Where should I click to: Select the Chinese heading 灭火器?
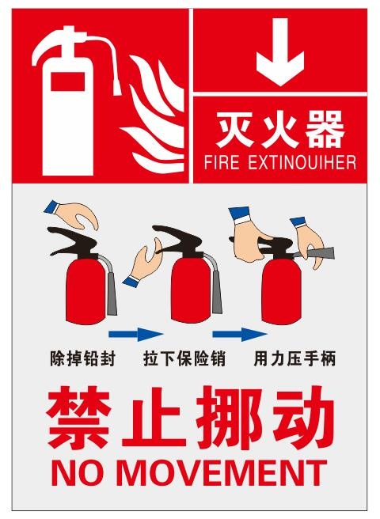[x=280, y=130]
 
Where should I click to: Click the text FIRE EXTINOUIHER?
[x=280, y=163]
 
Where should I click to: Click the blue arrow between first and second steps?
[x=135, y=333]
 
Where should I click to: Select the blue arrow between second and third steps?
[x=240, y=333]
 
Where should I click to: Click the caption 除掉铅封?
[x=82, y=358]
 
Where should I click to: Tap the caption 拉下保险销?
[x=184, y=358]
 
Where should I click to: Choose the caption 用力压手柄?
[x=294, y=358]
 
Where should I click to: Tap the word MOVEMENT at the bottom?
[x=221, y=472]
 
